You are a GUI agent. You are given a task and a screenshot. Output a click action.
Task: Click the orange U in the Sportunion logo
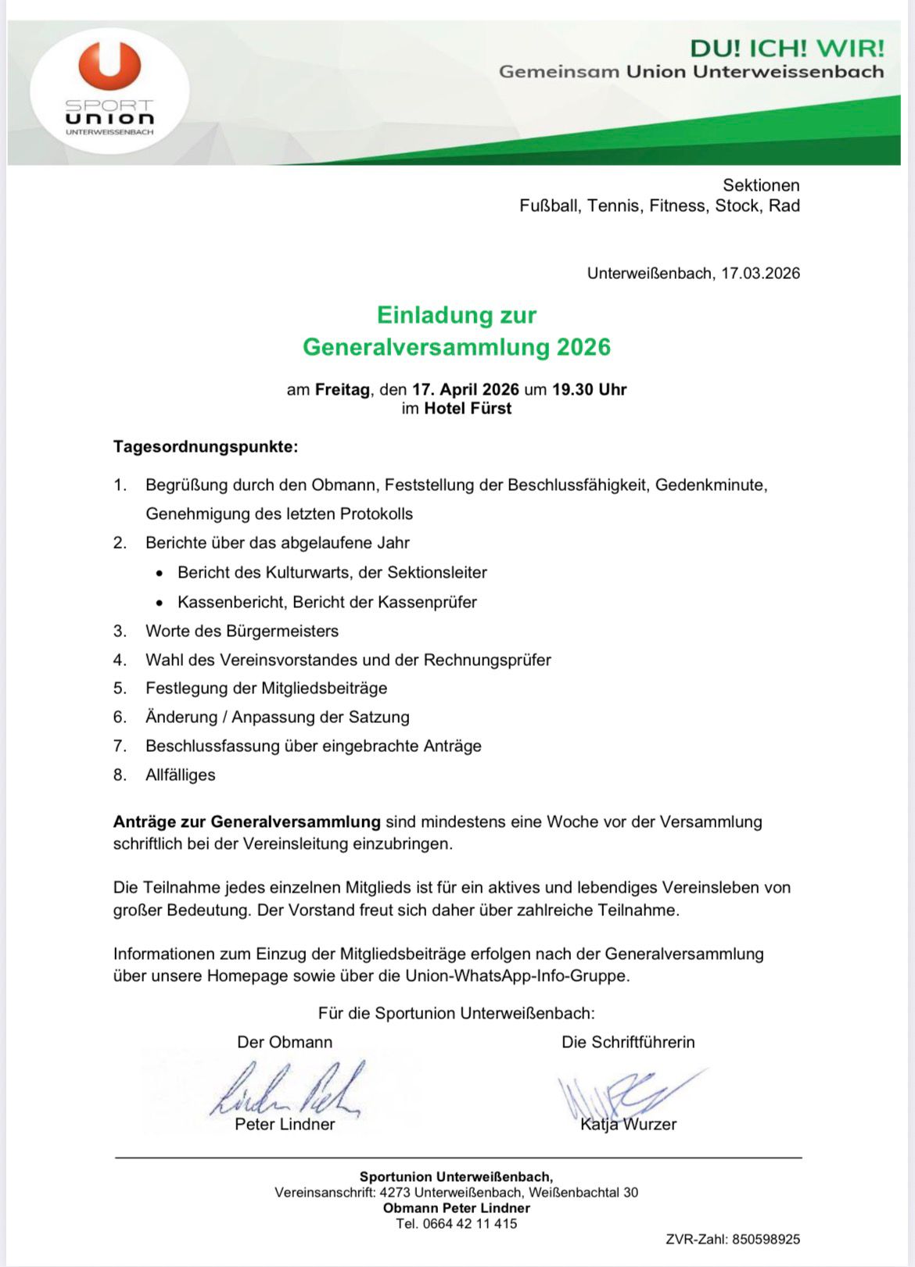coord(110,65)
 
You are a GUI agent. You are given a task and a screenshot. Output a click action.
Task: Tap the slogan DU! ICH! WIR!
coord(787,48)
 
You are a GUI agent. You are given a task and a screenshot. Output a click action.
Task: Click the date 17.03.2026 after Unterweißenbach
coord(760,274)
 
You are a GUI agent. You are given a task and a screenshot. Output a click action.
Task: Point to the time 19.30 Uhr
coord(589,389)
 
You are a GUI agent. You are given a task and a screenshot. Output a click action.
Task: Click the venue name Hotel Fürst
coord(468,408)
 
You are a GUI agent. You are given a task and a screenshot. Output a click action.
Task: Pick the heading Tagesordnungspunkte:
coord(206,447)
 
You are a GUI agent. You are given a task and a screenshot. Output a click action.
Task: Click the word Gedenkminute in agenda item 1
coord(709,485)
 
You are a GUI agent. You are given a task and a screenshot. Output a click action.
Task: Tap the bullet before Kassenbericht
coord(160,603)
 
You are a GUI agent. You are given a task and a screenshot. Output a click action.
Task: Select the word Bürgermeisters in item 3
coord(282,631)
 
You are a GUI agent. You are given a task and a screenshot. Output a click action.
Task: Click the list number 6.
coord(119,718)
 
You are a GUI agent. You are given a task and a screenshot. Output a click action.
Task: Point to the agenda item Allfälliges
coord(181,775)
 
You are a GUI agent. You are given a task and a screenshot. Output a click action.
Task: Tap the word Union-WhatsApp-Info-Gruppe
coord(517,976)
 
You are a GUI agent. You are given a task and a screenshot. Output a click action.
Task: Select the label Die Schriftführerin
coord(628,1043)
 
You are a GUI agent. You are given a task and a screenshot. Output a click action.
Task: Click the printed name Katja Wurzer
coord(628,1125)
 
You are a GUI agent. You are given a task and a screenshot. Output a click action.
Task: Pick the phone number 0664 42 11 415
coord(469,1224)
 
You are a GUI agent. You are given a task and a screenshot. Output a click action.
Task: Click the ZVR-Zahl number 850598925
coord(766,1240)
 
